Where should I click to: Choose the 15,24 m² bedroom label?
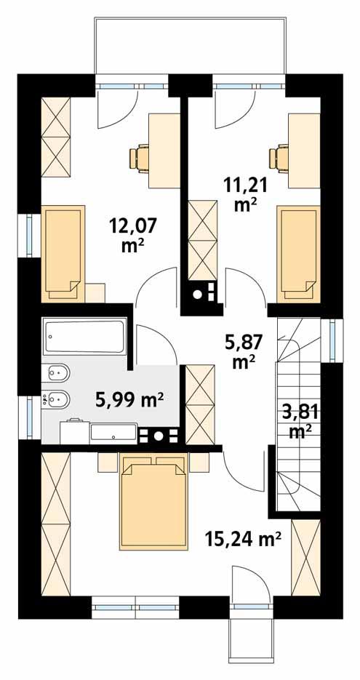[243, 540]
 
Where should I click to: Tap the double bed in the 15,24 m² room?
[153, 498]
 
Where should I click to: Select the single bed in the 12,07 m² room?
[63, 251]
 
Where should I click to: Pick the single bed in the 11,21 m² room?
[298, 251]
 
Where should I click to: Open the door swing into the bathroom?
[155, 345]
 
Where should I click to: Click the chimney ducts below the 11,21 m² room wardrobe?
[202, 294]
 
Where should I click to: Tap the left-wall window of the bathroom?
[30, 412]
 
